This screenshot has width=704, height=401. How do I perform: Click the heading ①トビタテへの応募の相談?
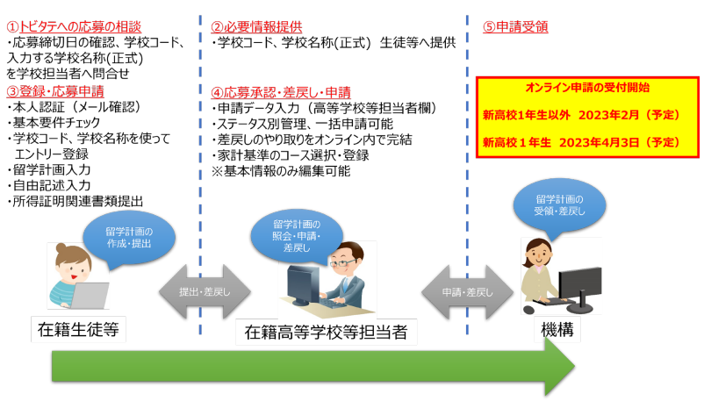74,27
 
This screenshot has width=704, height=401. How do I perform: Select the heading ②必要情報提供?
257,27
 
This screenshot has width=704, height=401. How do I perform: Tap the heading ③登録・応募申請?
55,91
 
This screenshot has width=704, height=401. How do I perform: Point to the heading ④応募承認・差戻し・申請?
281,92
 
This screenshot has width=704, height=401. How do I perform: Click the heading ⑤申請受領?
515,27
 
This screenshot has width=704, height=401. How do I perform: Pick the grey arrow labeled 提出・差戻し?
205,292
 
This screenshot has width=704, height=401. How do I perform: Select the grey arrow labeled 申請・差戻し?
467,292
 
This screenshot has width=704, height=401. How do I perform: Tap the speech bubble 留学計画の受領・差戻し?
559,206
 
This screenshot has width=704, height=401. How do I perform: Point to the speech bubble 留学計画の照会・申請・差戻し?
297,237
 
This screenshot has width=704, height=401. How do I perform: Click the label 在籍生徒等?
79,330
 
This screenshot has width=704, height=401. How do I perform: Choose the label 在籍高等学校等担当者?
327,333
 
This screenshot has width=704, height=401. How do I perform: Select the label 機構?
557,330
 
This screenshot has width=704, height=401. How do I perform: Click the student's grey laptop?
90,296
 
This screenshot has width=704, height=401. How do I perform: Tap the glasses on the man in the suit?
342,262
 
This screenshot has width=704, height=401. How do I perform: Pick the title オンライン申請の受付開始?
588,88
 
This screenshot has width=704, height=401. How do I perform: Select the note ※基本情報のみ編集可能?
281,171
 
